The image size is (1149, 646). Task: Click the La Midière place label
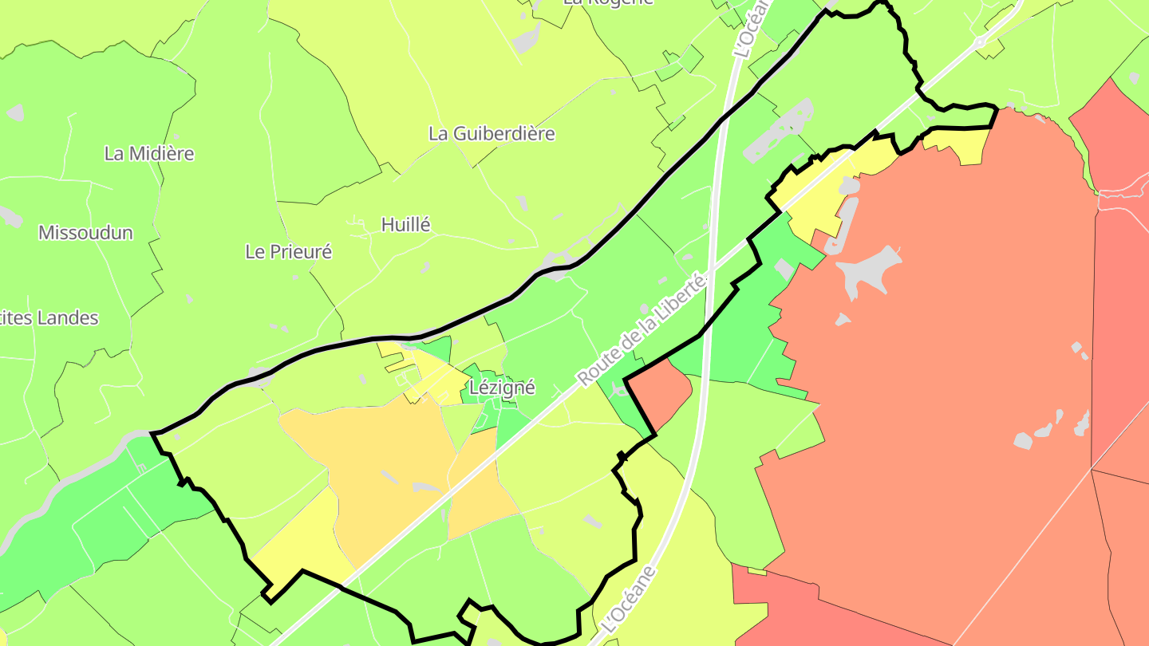[x=149, y=153]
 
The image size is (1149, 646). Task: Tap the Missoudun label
[x=85, y=233]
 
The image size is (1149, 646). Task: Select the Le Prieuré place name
[x=288, y=252]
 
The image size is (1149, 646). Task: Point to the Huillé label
[x=405, y=225]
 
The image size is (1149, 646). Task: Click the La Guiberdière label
[x=492, y=133]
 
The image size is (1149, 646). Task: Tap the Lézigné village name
[x=502, y=388]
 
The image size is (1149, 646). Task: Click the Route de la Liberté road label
[x=643, y=329]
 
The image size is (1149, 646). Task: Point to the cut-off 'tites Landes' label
[x=49, y=318]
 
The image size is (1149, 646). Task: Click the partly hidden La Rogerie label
[x=608, y=2]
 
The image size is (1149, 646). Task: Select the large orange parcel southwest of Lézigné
[x=375, y=463]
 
